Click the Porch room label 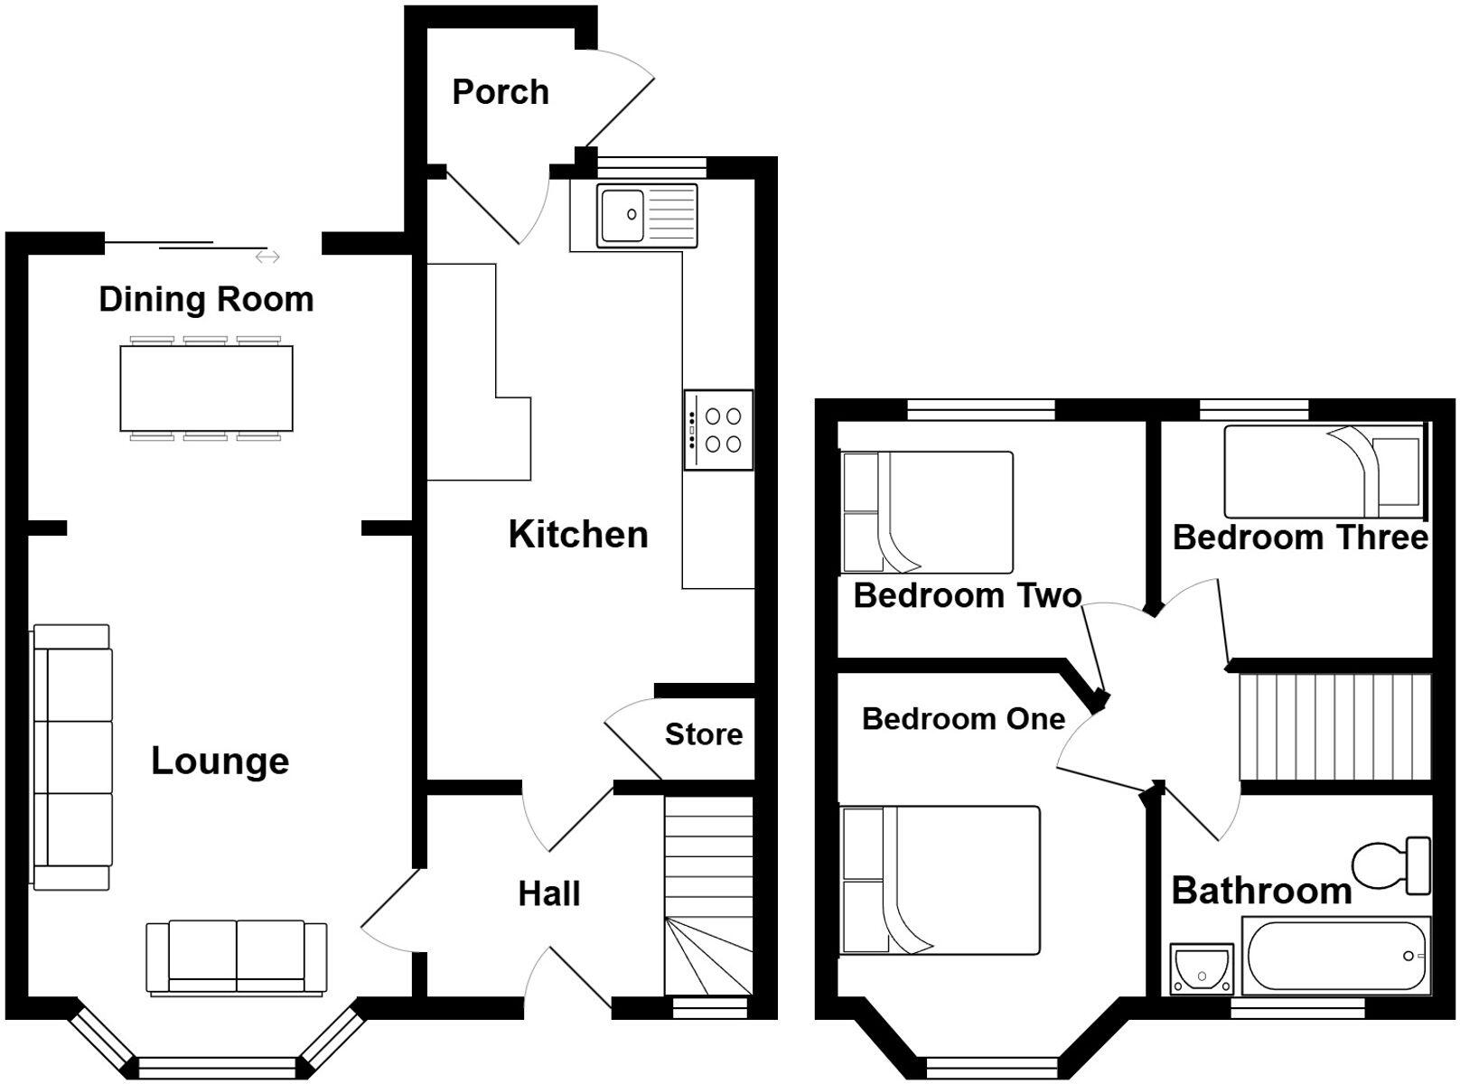(x=500, y=92)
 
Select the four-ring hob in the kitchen (x=718, y=430)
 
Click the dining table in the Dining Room (x=206, y=388)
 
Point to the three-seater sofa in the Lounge (x=74, y=757)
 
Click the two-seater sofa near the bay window (x=237, y=958)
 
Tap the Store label (x=704, y=734)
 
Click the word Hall (x=548, y=894)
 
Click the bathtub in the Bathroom (x=1335, y=956)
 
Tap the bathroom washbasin (x=1201, y=968)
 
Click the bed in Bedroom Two (x=927, y=512)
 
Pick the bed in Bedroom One (x=940, y=881)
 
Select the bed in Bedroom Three (x=1321, y=471)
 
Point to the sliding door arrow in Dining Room (x=267, y=257)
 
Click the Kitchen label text (x=578, y=535)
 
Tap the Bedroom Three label (x=1299, y=538)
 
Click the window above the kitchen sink (x=650, y=166)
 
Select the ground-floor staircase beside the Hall (x=708, y=894)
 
